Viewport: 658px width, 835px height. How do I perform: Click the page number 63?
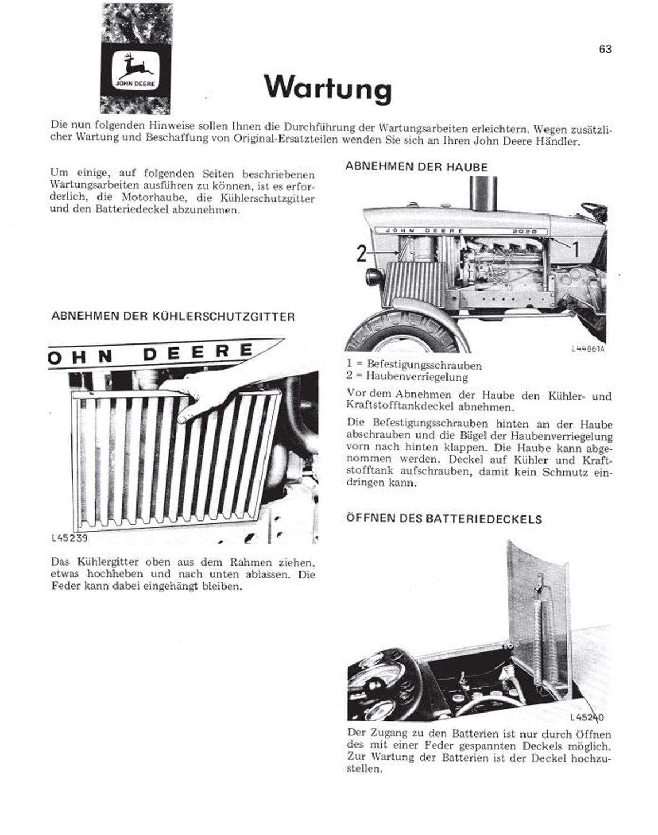click(x=605, y=49)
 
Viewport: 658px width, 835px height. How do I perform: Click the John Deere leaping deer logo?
click(x=136, y=70)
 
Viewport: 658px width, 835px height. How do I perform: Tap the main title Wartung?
click(x=328, y=87)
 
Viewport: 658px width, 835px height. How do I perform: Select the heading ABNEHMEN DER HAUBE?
click(x=416, y=166)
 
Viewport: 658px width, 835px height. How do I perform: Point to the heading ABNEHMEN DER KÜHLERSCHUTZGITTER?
click(x=173, y=316)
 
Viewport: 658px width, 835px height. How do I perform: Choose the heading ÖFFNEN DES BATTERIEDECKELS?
click(x=444, y=519)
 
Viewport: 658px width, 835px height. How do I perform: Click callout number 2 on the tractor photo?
click(x=362, y=254)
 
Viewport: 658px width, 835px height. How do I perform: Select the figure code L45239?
click(x=69, y=538)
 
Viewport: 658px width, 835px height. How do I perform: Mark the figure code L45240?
click(x=587, y=718)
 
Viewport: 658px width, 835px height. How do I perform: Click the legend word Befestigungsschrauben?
click(x=424, y=365)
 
